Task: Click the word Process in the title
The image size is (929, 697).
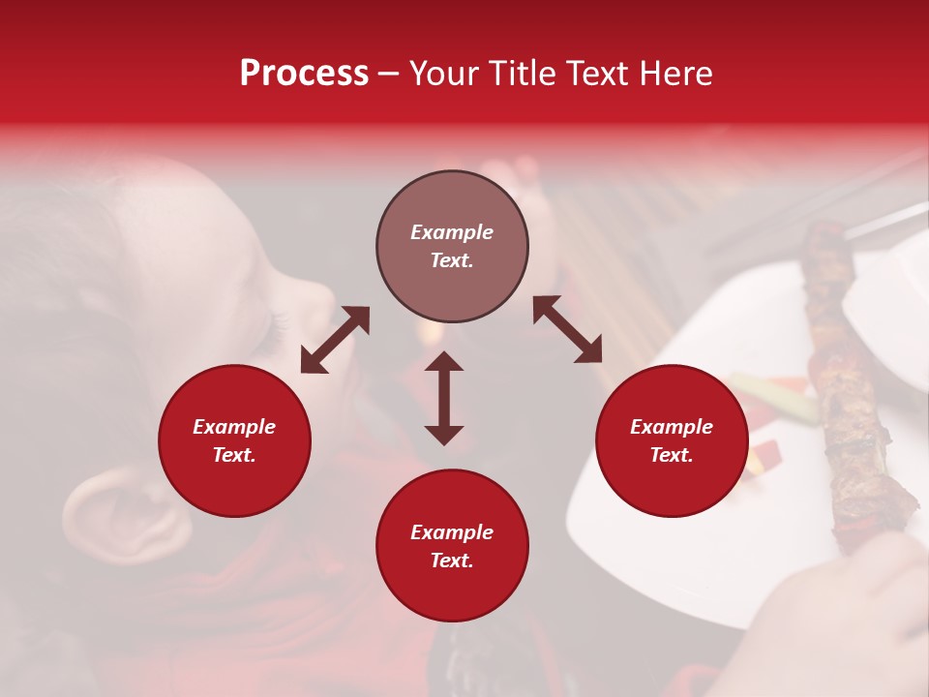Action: (304, 74)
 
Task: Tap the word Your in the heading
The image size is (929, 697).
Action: (443, 74)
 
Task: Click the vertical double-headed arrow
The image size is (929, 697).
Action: (444, 398)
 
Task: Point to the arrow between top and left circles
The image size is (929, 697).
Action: (335, 340)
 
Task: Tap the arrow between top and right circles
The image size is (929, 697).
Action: (567, 329)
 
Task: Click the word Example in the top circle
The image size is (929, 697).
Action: (452, 232)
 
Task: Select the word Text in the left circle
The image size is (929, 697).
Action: (234, 455)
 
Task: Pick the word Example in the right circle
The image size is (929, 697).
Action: (672, 427)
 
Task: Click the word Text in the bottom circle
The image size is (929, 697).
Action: (452, 561)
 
